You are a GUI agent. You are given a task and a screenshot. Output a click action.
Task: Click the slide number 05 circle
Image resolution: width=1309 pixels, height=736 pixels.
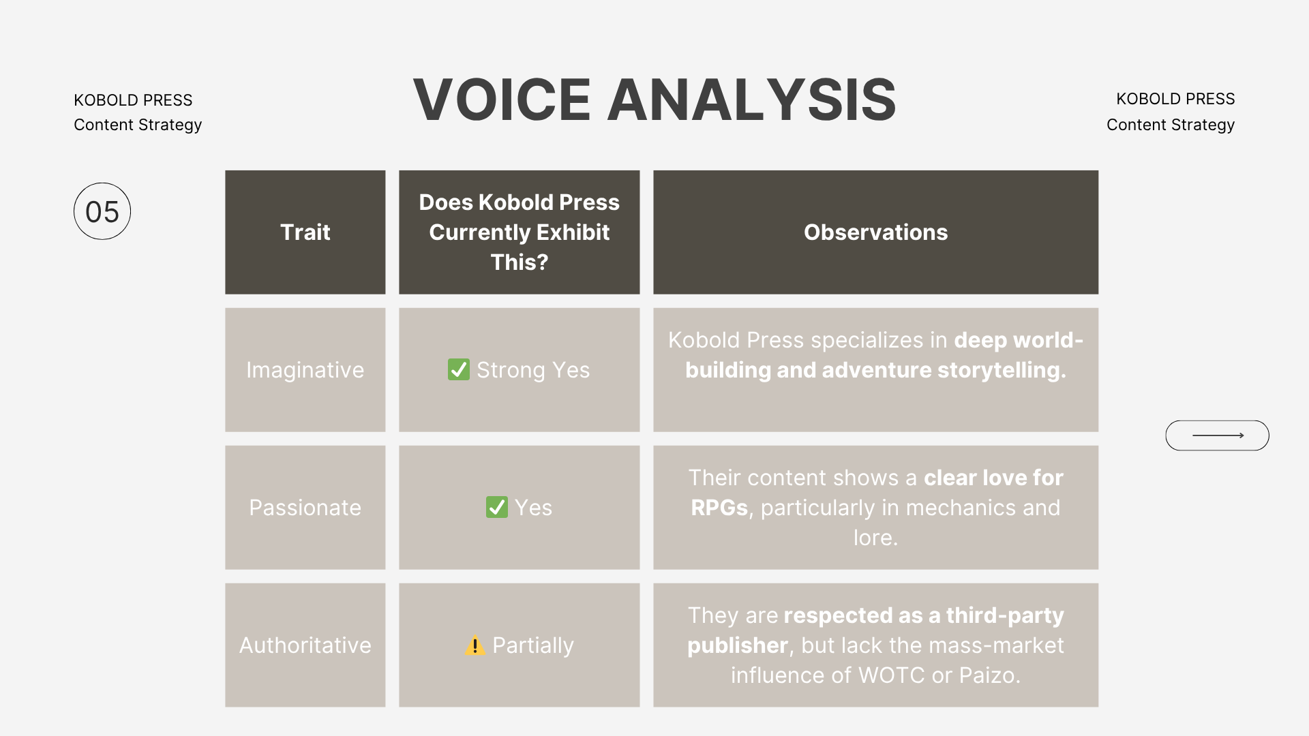click(102, 211)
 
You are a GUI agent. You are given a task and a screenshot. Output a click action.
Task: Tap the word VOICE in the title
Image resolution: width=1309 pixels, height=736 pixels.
click(502, 100)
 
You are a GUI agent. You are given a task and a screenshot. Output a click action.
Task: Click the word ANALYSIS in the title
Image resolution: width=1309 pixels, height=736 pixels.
click(751, 100)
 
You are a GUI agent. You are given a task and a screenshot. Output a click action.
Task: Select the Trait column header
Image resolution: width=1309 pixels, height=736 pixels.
click(305, 232)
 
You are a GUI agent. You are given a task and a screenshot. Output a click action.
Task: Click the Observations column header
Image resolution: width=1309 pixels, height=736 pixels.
click(875, 232)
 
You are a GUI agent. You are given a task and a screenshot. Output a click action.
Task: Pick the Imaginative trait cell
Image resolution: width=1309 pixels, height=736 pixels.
click(305, 370)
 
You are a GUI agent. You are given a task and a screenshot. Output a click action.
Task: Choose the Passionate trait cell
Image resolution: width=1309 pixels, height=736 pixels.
click(305, 508)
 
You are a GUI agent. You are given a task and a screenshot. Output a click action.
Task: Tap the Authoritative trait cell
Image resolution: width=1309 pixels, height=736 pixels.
click(305, 645)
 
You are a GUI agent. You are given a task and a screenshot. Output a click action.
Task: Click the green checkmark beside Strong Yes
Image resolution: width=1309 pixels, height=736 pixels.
click(459, 369)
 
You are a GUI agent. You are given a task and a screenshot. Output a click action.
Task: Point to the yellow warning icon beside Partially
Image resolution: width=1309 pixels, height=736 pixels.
click(475, 645)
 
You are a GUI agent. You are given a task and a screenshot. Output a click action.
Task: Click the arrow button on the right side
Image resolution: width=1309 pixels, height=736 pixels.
click(1217, 435)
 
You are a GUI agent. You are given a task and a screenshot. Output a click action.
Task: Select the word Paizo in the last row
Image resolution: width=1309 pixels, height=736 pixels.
click(989, 675)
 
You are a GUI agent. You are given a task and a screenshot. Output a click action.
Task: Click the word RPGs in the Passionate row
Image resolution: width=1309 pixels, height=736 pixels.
click(719, 508)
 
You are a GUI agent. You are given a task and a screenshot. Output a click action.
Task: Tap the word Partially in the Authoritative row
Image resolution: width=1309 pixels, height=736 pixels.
click(533, 645)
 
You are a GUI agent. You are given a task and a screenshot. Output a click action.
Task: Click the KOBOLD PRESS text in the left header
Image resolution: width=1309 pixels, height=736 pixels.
click(133, 100)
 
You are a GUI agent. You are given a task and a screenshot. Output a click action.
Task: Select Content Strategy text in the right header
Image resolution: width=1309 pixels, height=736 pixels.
click(1170, 125)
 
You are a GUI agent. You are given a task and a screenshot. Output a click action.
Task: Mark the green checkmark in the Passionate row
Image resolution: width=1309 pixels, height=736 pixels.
click(497, 507)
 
